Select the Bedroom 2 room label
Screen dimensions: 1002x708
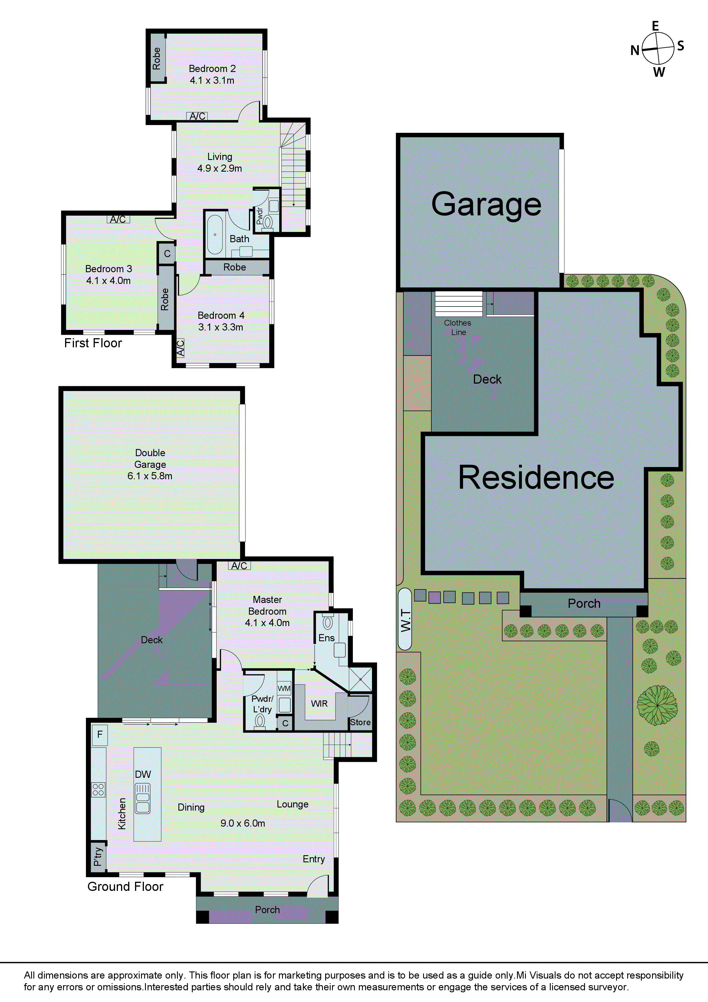pos(212,69)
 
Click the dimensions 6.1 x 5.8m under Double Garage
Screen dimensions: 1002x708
pos(150,476)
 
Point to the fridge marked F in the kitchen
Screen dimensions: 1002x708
pos(99,734)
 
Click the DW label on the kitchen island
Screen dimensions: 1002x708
pos(143,774)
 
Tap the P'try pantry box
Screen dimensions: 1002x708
pos(98,857)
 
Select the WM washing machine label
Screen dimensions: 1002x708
pos(284,688)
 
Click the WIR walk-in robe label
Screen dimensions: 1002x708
pos(319,704)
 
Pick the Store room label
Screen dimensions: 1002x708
pos(360,722)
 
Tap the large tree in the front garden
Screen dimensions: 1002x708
pos(657,705)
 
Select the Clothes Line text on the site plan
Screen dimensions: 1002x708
pos(458,327)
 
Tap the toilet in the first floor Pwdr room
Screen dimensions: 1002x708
pos(267,222)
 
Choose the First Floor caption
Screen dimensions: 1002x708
pos(93,343)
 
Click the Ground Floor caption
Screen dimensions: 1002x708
pos(125,886)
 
